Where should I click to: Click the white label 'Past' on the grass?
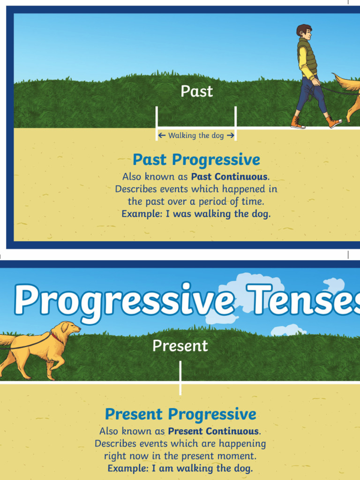197,91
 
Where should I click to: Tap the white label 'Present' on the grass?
180,346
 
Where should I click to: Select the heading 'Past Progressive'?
196,160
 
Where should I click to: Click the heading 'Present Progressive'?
180,414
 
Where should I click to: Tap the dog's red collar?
56,336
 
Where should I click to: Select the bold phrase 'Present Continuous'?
213,431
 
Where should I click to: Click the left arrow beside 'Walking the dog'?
162,135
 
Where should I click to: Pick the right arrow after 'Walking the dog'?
230,135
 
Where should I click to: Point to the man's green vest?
307,56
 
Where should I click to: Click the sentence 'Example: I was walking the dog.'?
196,214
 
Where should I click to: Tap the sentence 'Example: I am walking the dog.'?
180,468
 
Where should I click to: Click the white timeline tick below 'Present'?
180,377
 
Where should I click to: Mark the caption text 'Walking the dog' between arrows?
196,135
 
